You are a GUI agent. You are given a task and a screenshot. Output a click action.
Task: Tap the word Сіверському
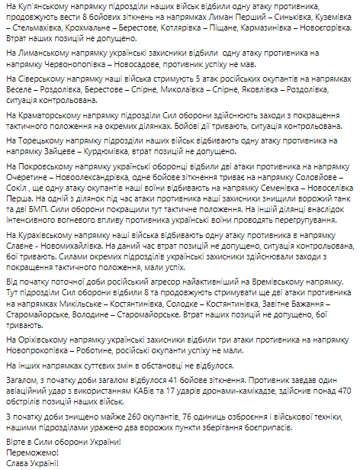click(x=42, y=89)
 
